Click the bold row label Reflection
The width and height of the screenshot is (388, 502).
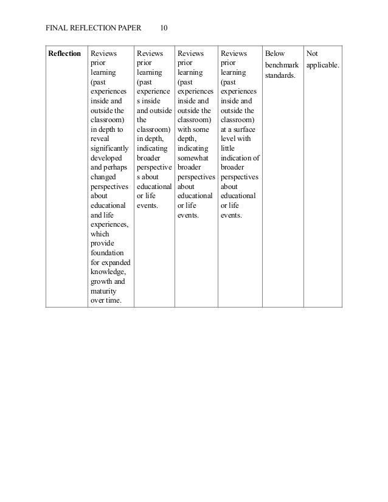[64, 54]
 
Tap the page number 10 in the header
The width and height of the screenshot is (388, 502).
[165, 27]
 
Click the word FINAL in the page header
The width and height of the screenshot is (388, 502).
[58, 27]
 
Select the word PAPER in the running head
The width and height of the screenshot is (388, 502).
[126, 27]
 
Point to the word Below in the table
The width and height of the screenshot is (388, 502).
[275, 54]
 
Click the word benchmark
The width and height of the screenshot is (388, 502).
[283, 64]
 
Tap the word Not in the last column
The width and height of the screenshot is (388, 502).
[313, 54]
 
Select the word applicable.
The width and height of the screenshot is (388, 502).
[324, 64]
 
